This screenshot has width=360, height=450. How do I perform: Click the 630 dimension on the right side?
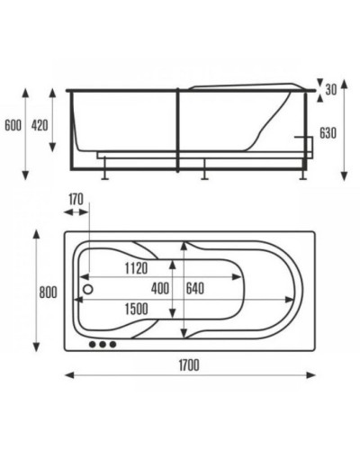click(x=328, y=133)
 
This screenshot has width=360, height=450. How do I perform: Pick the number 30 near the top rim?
click(x=331, y=90)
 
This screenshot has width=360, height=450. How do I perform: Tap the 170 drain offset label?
click(x=76, y=199)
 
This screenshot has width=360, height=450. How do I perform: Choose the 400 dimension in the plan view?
click(x=160, y=288)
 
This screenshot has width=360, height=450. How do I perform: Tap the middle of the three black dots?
click(x=102, y=344)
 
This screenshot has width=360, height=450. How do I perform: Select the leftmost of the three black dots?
click(x=91, y=344)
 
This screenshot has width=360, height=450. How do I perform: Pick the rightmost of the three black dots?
click(x=112, y=344)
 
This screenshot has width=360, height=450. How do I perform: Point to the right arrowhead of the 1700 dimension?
click(x=310, y=376)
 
